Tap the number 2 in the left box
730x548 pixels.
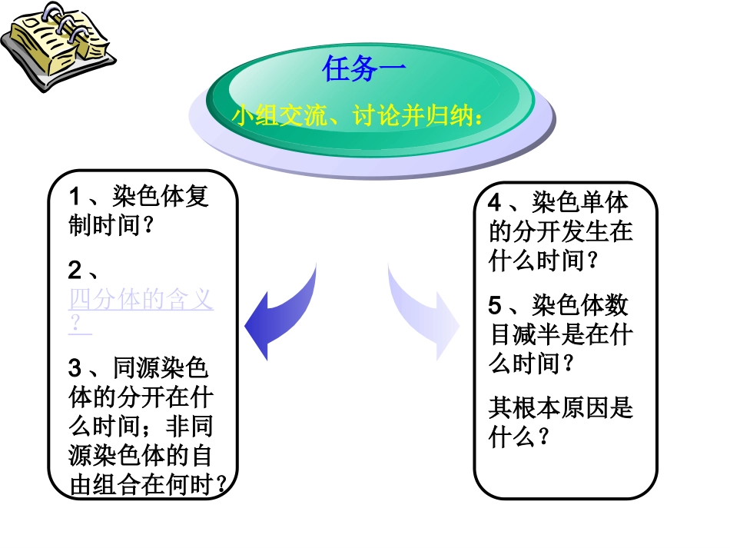[x=75, y=271]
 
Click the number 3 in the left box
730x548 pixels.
[x=75, y=368]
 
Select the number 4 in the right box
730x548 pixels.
[x=496, y=203]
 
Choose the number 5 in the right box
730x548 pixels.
[x=496, y=306]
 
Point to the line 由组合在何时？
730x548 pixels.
[x=151, y=484]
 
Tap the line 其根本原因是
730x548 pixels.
[x=560, y=407]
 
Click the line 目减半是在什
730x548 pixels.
[x=560, y=335]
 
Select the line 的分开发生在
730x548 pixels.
[x=560, y=231]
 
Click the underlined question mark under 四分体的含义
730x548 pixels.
[x=76, y=325]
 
